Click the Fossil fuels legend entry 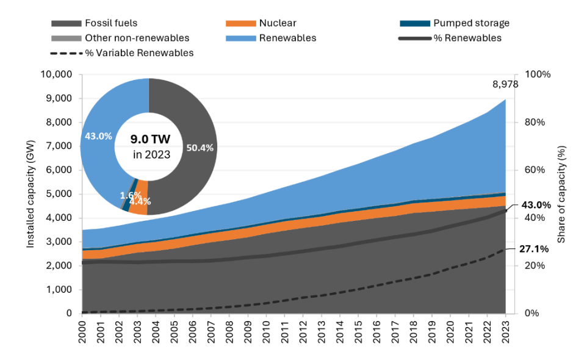point(95,23)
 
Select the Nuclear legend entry point(261,23)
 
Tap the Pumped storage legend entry point(455,23)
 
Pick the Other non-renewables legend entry point(120,38)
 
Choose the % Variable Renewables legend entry point(121,53)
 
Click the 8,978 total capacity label point(505,85)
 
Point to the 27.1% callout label point(534,249)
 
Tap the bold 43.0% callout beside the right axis point(536,205)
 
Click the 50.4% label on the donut point(200,148)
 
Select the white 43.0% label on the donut point(98,136)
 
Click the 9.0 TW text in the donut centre point(150,140)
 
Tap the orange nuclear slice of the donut point(139,198)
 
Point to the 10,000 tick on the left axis point(56,74)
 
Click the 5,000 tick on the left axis point(59,194)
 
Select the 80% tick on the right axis point(535,123)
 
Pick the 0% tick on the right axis point(532,313)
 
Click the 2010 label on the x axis point(266,331)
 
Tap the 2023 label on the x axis point(505,331)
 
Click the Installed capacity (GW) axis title point(31,194)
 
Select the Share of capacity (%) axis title point(561,194)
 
